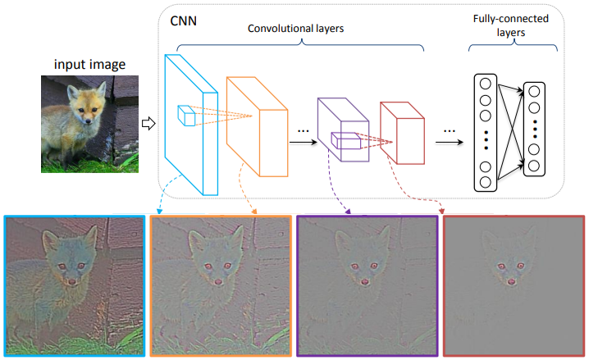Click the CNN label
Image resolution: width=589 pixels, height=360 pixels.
[x=183, y=21]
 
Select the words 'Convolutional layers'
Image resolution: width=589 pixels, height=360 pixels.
[x=295, y=29]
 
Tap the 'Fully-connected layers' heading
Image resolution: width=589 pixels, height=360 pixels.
[x=511, y=25]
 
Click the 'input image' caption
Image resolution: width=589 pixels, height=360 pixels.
[x=89, y=64]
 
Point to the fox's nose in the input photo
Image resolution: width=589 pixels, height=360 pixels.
[x=88, y=121]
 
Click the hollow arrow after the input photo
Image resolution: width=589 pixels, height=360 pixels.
[x=148, y=123]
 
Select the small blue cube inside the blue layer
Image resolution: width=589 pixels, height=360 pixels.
[x=186, y=116]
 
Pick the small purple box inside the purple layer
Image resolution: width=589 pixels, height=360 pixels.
[x=345, y=141]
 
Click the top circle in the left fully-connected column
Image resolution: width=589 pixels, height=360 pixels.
[x=486, y=84]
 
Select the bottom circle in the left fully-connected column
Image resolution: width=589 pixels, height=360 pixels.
[x=486, y=182]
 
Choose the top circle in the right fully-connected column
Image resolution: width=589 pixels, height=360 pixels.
[x=534, y=91]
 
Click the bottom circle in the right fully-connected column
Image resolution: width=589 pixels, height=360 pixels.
[x=534, y=166]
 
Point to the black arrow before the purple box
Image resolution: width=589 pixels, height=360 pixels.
[x=304, y=142]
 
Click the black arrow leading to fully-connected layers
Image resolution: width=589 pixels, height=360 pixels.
[x=450, y=142]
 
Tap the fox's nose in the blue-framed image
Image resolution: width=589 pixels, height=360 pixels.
[x=71, y=281]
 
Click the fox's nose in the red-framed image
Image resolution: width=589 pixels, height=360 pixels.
[x=511, y=281]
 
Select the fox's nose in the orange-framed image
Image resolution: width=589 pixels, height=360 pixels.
[x=218, y=281]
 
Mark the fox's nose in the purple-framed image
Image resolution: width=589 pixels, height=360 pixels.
[x=364, y=281]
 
